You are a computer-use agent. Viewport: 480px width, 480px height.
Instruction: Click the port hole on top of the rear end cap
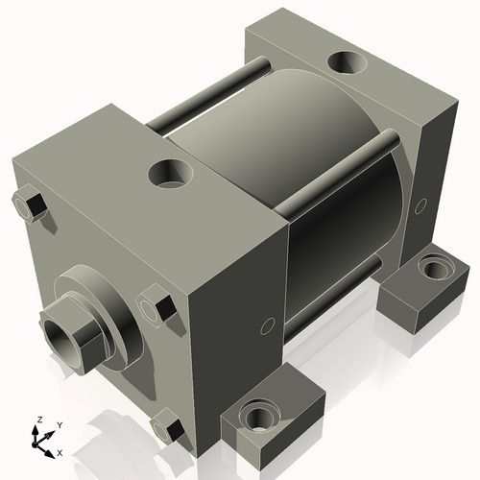(347, 63)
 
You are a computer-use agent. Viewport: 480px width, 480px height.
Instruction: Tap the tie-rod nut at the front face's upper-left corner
(31, 205)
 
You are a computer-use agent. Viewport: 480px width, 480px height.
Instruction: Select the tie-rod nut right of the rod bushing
(156, 307)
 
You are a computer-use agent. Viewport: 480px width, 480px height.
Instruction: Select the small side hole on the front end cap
(264, 327)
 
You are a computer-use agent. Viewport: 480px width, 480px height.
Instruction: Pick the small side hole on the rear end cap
(420, 204)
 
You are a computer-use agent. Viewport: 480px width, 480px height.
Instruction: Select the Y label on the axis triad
(59, 423)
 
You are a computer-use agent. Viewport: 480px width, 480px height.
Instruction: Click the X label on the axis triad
(60, 451)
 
